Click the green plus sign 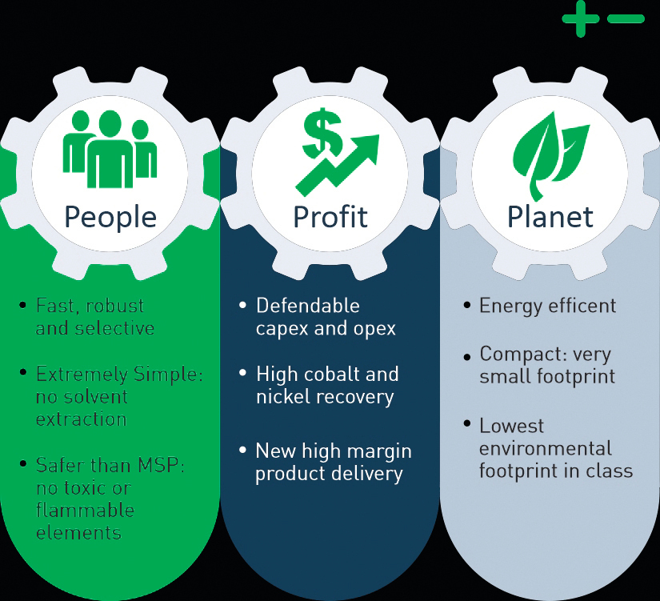[581, 18]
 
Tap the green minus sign [626, 18]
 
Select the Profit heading [330, 217]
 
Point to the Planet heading [550, 217]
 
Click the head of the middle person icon [110, 124]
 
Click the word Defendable [308, 306]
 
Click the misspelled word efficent [582, 306]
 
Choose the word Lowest [512, 426]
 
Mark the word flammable [85, 510]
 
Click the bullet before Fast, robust [22, 304]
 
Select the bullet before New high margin [242, 451]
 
